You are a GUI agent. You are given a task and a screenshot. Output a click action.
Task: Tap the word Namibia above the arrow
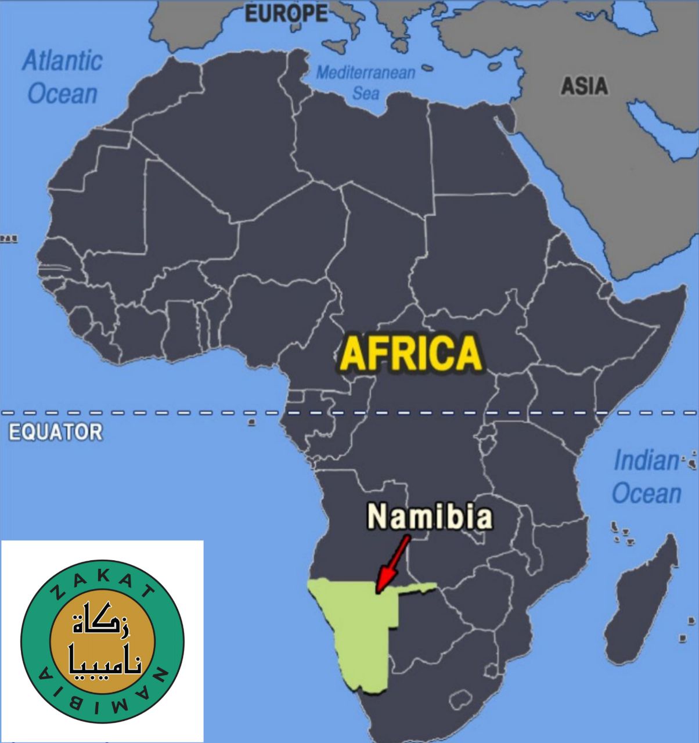pyautogui.click(x=430, y=517)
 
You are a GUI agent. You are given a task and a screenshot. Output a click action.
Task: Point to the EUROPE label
pyautogui.click(x=287, y=13)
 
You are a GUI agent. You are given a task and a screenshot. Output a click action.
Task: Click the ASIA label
pyautogui.click(x=584, y=86)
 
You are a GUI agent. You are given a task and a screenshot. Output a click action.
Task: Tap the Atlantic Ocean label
pyautogui.click(x=62, y=77)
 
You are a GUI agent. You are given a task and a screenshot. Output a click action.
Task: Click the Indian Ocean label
pyautogui.click(x=646, y=477)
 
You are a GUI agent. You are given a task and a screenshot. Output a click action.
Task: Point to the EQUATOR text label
pyautogui.click(x=56, y=432)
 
